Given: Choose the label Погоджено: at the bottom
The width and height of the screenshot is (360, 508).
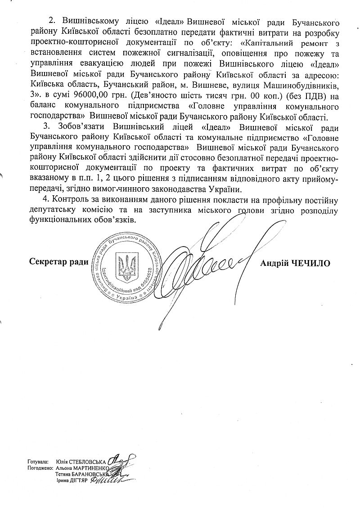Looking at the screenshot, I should (x=40, y=468).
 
